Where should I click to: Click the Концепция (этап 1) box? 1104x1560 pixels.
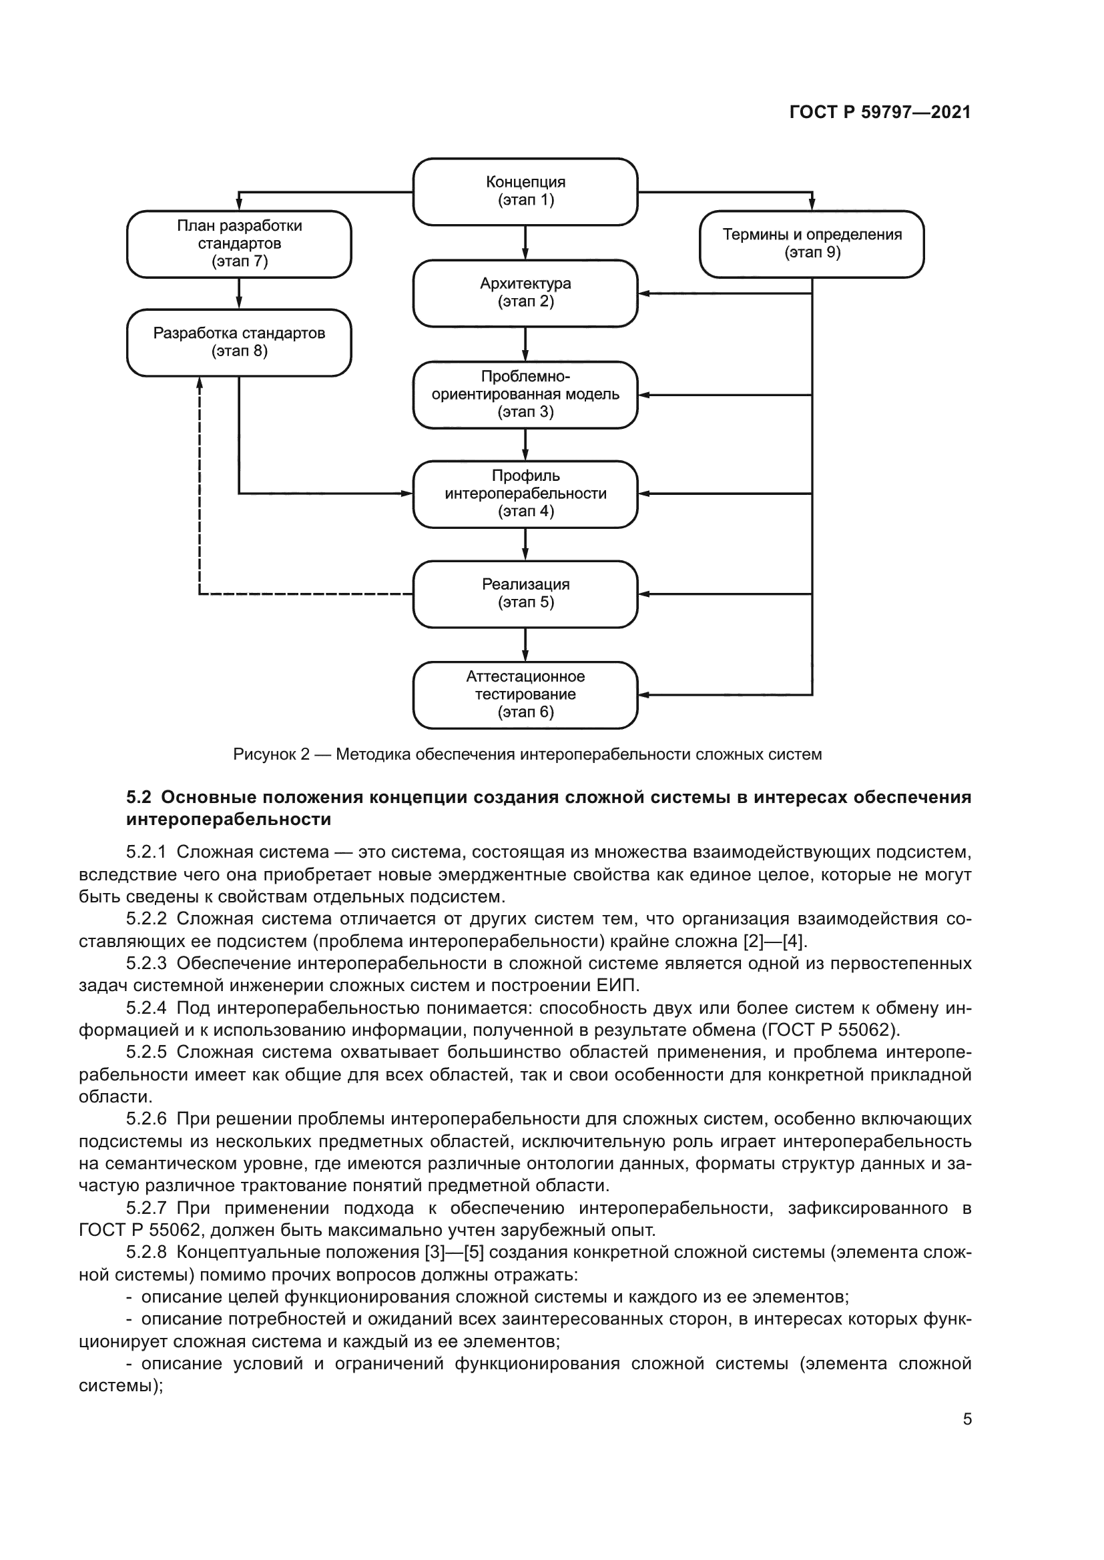click(x=525, y=191)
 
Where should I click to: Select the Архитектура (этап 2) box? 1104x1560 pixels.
click(x=525, y=293)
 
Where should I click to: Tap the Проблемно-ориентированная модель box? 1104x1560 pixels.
click(x=525, y=394)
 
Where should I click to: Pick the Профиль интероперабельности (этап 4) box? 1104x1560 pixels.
click(x=525, y=494)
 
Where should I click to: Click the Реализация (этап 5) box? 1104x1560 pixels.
click(x=525, y=594)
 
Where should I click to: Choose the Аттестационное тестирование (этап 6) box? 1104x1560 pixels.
click(x=525, y=694)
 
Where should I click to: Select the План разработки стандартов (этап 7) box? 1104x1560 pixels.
click(x=240, y=244)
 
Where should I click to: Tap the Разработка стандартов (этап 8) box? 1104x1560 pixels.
click(x=240, y=342)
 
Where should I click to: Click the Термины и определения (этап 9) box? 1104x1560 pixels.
click(x=812, y=244)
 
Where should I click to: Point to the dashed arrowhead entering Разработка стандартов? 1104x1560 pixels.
click(x=200, y=383)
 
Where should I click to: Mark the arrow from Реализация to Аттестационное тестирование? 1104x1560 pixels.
click(x=525, y=645)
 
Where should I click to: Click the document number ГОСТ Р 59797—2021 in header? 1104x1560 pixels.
click(x=880, y=112)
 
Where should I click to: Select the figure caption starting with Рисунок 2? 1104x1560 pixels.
click(x=527, y=754)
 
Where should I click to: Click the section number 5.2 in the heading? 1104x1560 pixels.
click(x=139, y=797)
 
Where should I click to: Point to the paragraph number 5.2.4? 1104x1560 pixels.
click(x=146, y=1008)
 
